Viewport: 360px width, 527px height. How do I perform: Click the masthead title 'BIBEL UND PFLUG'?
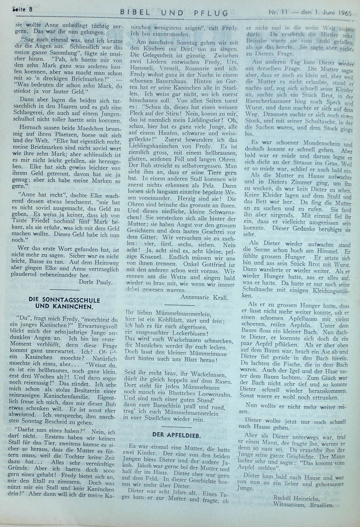pos(174,13)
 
